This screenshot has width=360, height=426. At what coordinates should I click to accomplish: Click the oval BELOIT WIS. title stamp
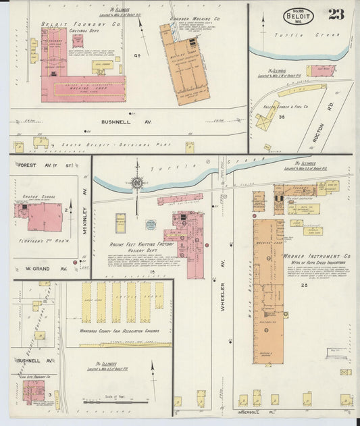coord(298,16)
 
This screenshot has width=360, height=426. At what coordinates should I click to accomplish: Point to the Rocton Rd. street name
coord(319,131)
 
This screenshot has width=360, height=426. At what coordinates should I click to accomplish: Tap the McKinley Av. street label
coord(86,201)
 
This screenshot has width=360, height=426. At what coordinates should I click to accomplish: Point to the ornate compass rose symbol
coord(137,182)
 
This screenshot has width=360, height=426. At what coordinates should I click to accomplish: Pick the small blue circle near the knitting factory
coord(151,225)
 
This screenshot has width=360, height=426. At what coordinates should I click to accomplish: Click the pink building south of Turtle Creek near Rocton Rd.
coord(320,71)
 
